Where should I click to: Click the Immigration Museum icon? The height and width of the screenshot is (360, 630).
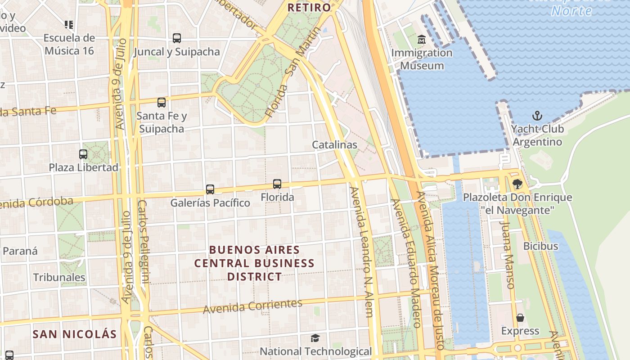click(422, 40)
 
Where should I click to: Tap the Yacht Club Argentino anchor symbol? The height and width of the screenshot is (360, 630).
click(537, 116)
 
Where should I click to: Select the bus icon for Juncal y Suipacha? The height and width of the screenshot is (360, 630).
click(177, 38)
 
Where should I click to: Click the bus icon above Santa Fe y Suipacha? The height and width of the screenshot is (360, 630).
click(162, 103)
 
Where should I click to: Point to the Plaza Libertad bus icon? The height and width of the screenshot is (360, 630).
click(83, 154)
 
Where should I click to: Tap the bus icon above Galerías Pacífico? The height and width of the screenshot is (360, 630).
click(210, 189)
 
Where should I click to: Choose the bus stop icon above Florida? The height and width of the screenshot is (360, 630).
click(277, 184)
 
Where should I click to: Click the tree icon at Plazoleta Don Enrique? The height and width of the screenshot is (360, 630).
click(517, 184)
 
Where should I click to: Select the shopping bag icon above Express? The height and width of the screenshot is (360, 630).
click(520, 318)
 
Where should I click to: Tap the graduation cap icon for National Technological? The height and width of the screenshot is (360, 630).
click(315, 338)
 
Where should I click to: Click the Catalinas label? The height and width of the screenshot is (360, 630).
click(335, 145)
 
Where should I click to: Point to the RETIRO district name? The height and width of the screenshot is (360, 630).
click(309, 7)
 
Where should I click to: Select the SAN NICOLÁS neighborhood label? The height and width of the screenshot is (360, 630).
click(75, 334)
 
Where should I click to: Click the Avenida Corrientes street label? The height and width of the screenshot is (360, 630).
click(252, 306)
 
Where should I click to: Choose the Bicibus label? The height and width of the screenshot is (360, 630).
click(540, 246)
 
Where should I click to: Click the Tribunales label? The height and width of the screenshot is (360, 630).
click(59, 277)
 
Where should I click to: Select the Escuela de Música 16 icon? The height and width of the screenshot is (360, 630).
click(69, 24)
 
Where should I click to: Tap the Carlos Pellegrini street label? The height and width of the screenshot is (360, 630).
click(142, 241)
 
